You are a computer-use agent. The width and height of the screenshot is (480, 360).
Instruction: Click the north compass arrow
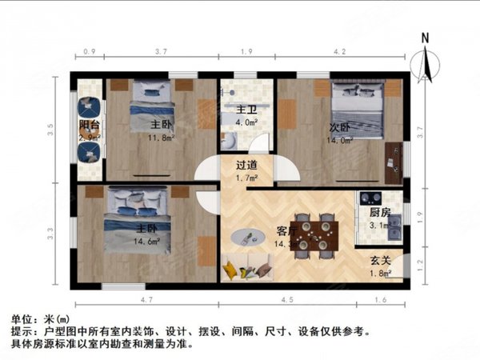pos(426,64)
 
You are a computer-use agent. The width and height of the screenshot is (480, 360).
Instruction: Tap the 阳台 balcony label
pos(89,125)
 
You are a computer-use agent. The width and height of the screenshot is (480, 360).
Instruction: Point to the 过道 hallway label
pos(246,166)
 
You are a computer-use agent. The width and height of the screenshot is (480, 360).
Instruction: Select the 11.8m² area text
pos(161,138)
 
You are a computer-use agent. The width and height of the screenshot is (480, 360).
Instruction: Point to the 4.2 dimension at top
pos(339,52)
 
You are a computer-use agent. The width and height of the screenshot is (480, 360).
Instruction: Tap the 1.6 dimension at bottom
pos(378,301)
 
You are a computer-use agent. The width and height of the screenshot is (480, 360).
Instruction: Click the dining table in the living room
pos(314,236)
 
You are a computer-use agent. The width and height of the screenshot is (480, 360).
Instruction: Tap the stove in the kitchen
pos(370,197)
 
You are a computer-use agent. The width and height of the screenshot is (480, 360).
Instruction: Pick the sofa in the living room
pos(248,270)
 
